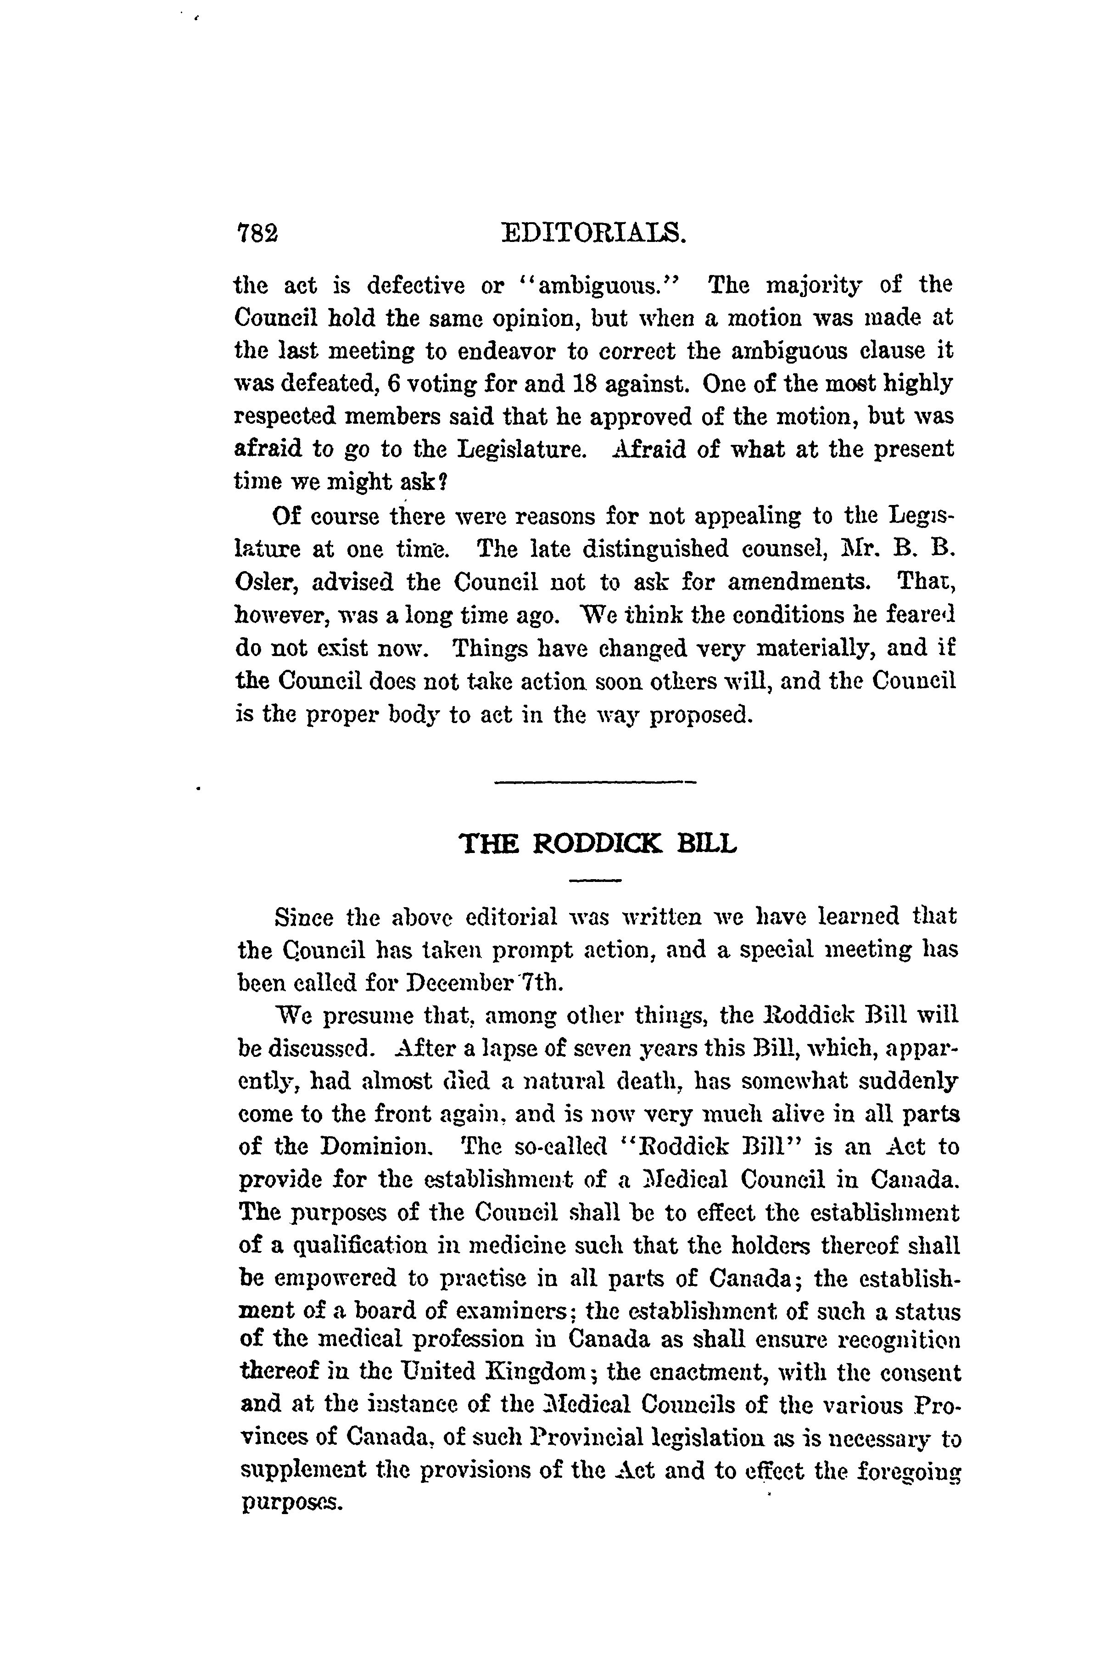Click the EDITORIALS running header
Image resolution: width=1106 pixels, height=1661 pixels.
tap(593, 233)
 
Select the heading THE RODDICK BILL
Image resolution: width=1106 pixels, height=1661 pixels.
tap(598, 843)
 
